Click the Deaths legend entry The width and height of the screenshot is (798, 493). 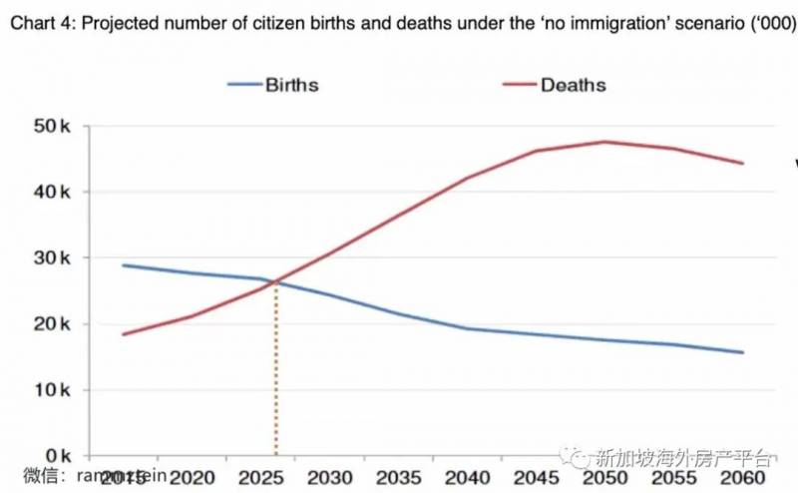pyautogui.click(x=573, y=84)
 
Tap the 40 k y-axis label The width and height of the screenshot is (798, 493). pyautogui.click(x=53, y=192)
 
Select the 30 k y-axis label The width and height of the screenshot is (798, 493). pyautogui.click(x=53, y=257)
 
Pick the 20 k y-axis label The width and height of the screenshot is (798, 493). pyautogui.click(x=53, y=323)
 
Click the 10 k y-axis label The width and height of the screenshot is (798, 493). pyautogui.click(x=53, y=389)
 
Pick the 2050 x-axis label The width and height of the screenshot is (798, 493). pyautogui.click(x=604, y=477)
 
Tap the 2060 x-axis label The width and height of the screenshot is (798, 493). pyautogui.click(x=743, y=477)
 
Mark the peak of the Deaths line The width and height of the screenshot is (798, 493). pyautogui.click(x=604, y=142)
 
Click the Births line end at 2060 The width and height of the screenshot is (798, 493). pyautogui.click(x=743, y=352)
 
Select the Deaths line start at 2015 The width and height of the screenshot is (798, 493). pyautogui.click(x=123, y=334)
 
